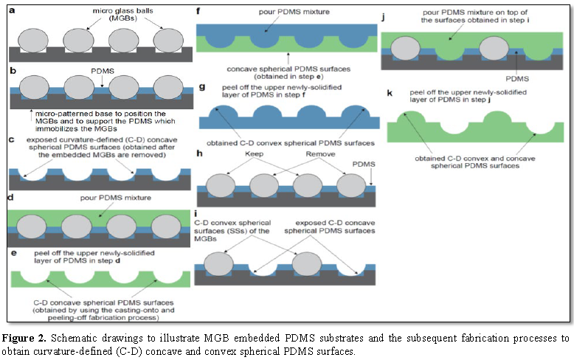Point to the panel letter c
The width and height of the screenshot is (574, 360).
click(10, 138)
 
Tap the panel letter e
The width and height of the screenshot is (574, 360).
click(10, 255)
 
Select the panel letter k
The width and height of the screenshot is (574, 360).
click(385, 92)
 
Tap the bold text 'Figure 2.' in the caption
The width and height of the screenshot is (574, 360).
click(25, 338)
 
